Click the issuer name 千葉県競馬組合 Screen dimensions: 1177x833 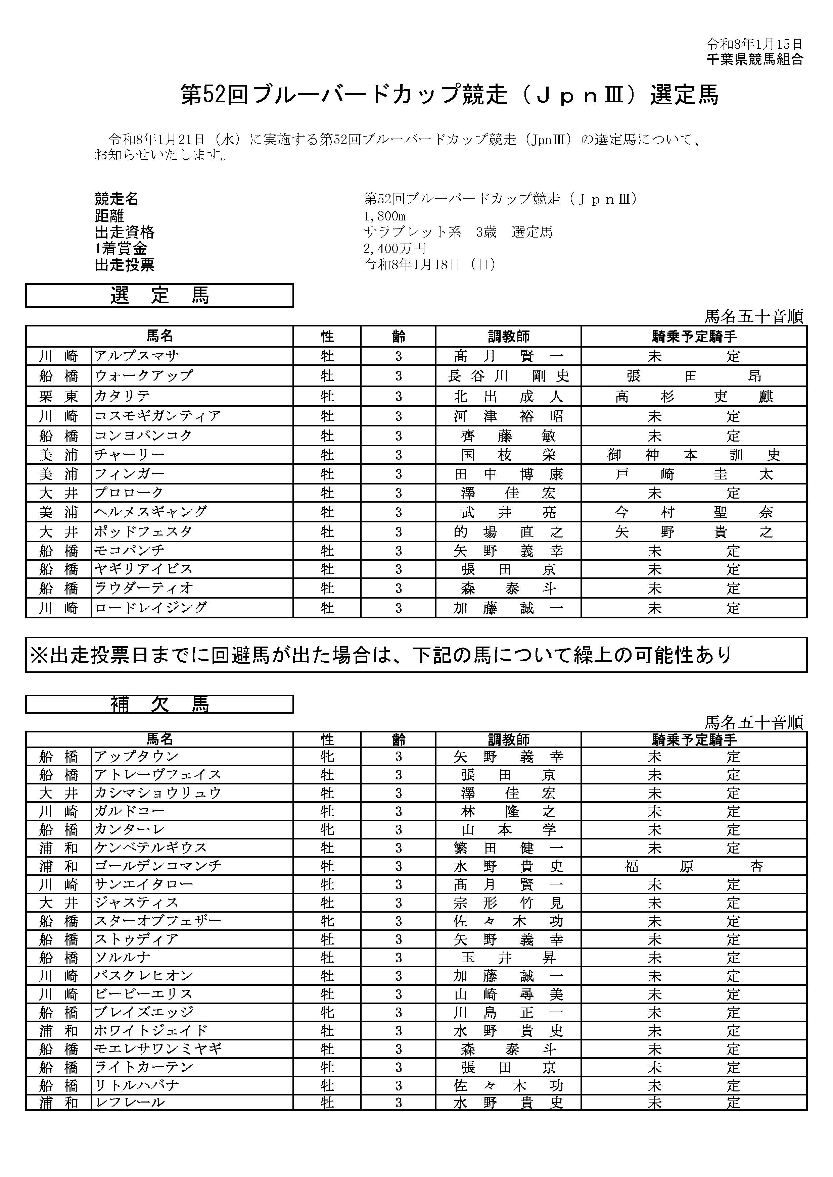pyautogui.click(x=754, y=59)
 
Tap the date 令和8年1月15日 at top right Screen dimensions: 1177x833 pyautogui.click(x=754, y=44)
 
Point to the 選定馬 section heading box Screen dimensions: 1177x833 pyautogui.click(x=159, y=296)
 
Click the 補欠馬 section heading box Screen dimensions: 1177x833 pyautogui.click(x=159, y=704)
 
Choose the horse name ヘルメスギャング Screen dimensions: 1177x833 pyautogui.click(x=151, y=512)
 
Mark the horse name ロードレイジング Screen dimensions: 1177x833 pyautogui.click(x=151, y=608)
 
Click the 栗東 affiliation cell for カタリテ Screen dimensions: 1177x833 pyautogui.click(x=58, y=396)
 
